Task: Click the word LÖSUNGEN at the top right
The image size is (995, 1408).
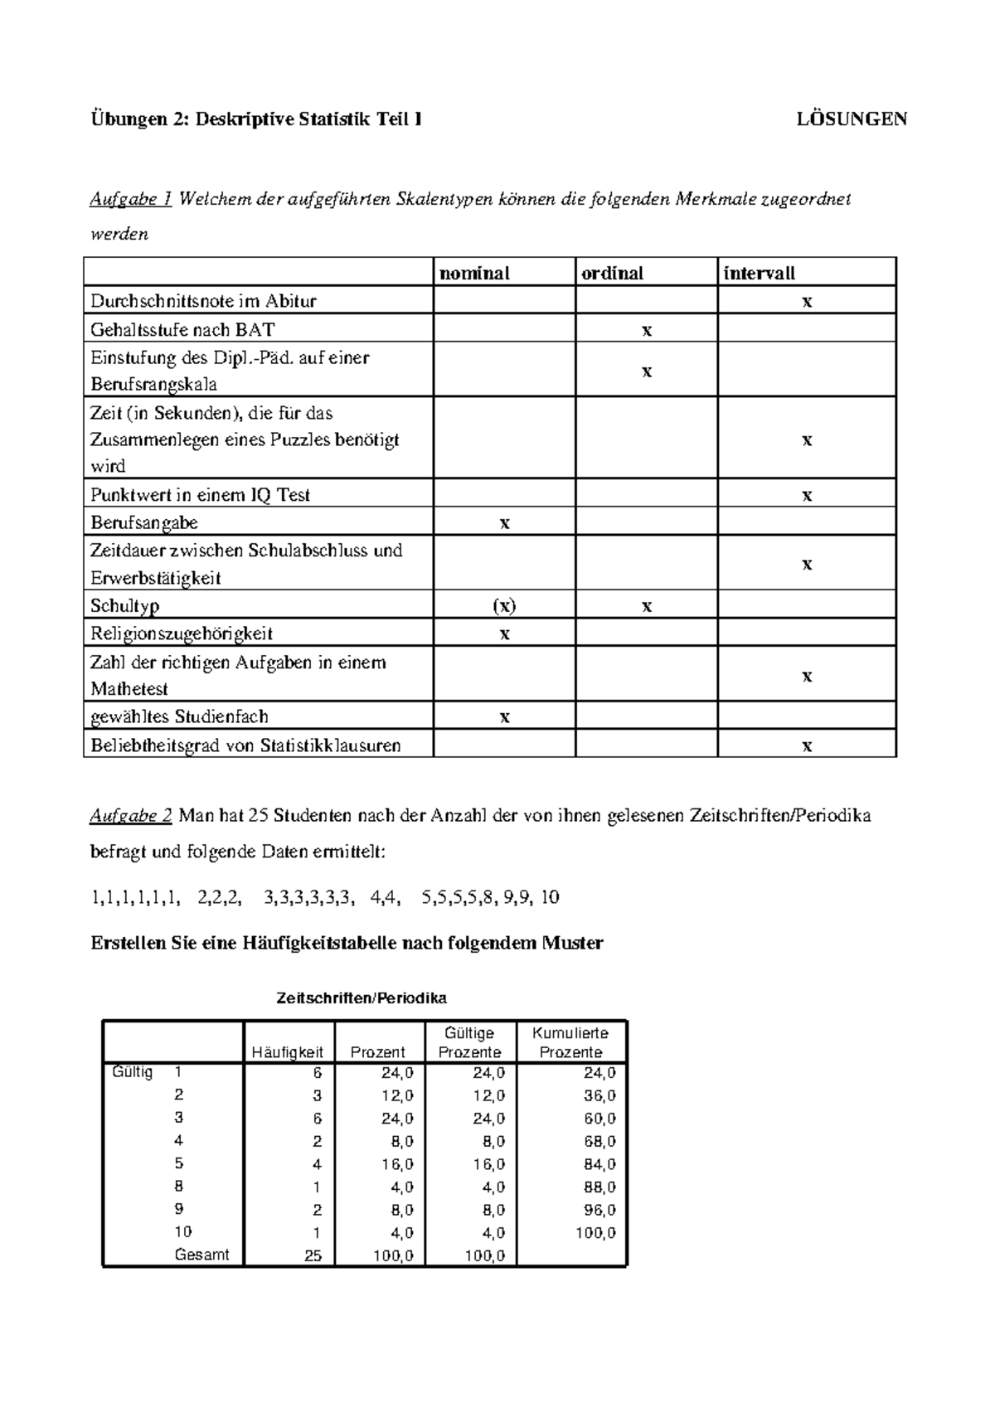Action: pyautogui.click(x=852, y=119)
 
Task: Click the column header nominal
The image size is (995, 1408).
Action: pyautogui.click(x=474, y=273)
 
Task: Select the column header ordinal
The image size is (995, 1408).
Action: pyautogui.click(x=612, y=273)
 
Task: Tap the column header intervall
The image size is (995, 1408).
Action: pyautogui.click(x=760, y=273)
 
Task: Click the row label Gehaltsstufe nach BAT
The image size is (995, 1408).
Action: pyautogui.click(x=182, y=329)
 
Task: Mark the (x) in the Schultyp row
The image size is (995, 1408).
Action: pyautogui.click(x=504, y=606)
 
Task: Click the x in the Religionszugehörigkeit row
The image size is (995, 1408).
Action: pyautogui.click(x=504, y=634)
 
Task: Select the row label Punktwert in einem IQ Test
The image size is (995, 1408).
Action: pyautogui.click(x=200, y=495)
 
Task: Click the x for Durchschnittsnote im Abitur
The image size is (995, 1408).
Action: pyautogui.click(x=807, y=302)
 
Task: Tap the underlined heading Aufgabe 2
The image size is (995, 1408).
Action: pyautogui.click(x=130, y=816)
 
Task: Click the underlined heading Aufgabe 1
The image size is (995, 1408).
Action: pyautogui.click(x=130, y=199)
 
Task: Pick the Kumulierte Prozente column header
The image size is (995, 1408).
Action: pyautogui.click(x=570, y=1042)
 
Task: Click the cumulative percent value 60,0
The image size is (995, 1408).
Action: pyautogui.click(x=599, y=1119)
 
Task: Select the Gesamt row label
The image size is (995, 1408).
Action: pyautogui.click(x=201, y=1255)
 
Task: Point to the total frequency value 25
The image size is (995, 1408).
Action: pyautogui.click(x=312, y=1255)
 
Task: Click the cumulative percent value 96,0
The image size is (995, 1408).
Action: pyautogui.click(x=599, y=1210)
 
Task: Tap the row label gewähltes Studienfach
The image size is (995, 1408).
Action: pyautogui.click(x=179, y=716)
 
